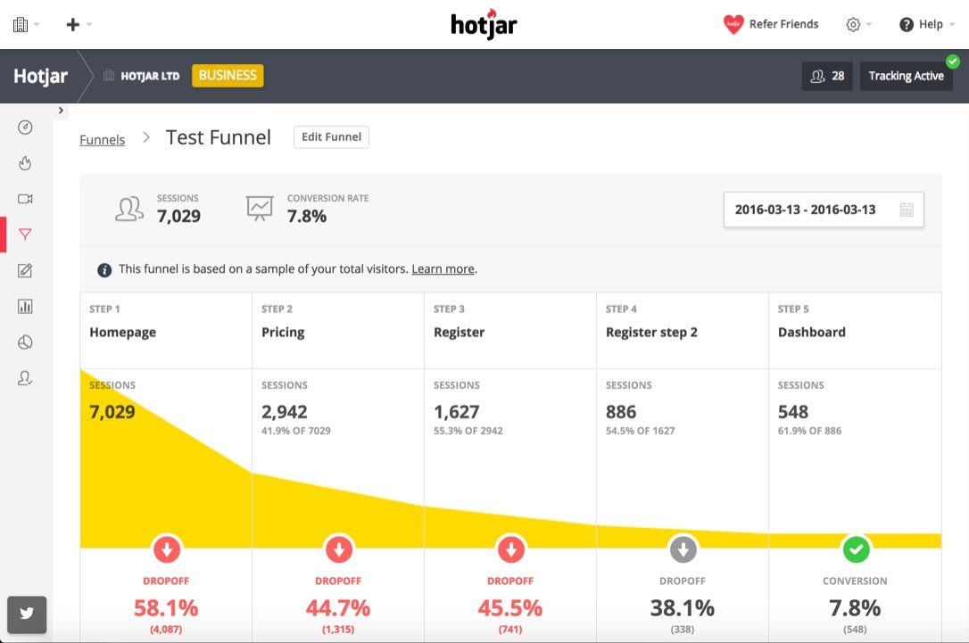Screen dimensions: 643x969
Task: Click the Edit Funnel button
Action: (x=331, y=137)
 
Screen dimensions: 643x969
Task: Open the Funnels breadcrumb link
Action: (x=102, y=140)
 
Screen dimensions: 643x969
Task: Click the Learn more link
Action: (x=443, y=268)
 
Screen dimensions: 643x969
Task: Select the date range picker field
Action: (x=823, y=210)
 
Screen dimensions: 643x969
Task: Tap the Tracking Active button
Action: (x=906, y=77)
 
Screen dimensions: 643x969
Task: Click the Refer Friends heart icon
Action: (x=733, y=25)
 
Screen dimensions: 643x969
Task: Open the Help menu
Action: (x=922, y=25)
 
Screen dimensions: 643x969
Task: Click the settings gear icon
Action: (x=853, y=25)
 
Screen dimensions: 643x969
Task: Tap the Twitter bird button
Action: (x=26, y=614)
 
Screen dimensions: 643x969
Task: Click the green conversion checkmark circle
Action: (x=856, y=549)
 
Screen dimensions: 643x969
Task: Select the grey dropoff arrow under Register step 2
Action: (x=683, y=549)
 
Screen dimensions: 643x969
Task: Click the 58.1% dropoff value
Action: (x=166, y=608)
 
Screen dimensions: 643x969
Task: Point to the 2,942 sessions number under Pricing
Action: (x=285, y=412)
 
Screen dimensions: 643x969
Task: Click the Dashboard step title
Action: (x=811, y=332)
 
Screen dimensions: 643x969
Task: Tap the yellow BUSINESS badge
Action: (x=228, y=76)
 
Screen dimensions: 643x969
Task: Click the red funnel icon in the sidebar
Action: (x=25, y=235)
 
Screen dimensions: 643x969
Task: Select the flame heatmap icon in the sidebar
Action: (x=25, y=163)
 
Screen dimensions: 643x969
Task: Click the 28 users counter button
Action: (x=827, y=77)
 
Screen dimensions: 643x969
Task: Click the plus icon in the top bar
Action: (x=73, y=25)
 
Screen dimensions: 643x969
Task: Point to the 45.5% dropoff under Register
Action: (x=511, y=608)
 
